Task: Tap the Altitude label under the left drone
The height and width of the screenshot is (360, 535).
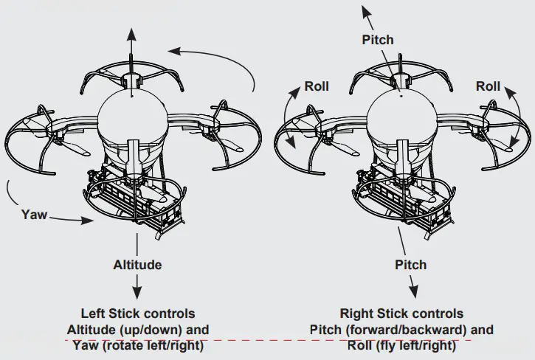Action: pyautogui.click(x=137, y=264)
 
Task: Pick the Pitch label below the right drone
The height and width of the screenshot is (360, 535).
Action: pyautogui.click(x=410, y=264)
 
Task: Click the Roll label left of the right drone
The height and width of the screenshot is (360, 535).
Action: pyautogui.click(x=317, y=86)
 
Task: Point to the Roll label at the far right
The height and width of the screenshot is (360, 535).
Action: pyautogui.click(x=488, y=86)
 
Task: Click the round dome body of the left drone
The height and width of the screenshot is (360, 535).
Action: pyautogui.click(x=132, y=114)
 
